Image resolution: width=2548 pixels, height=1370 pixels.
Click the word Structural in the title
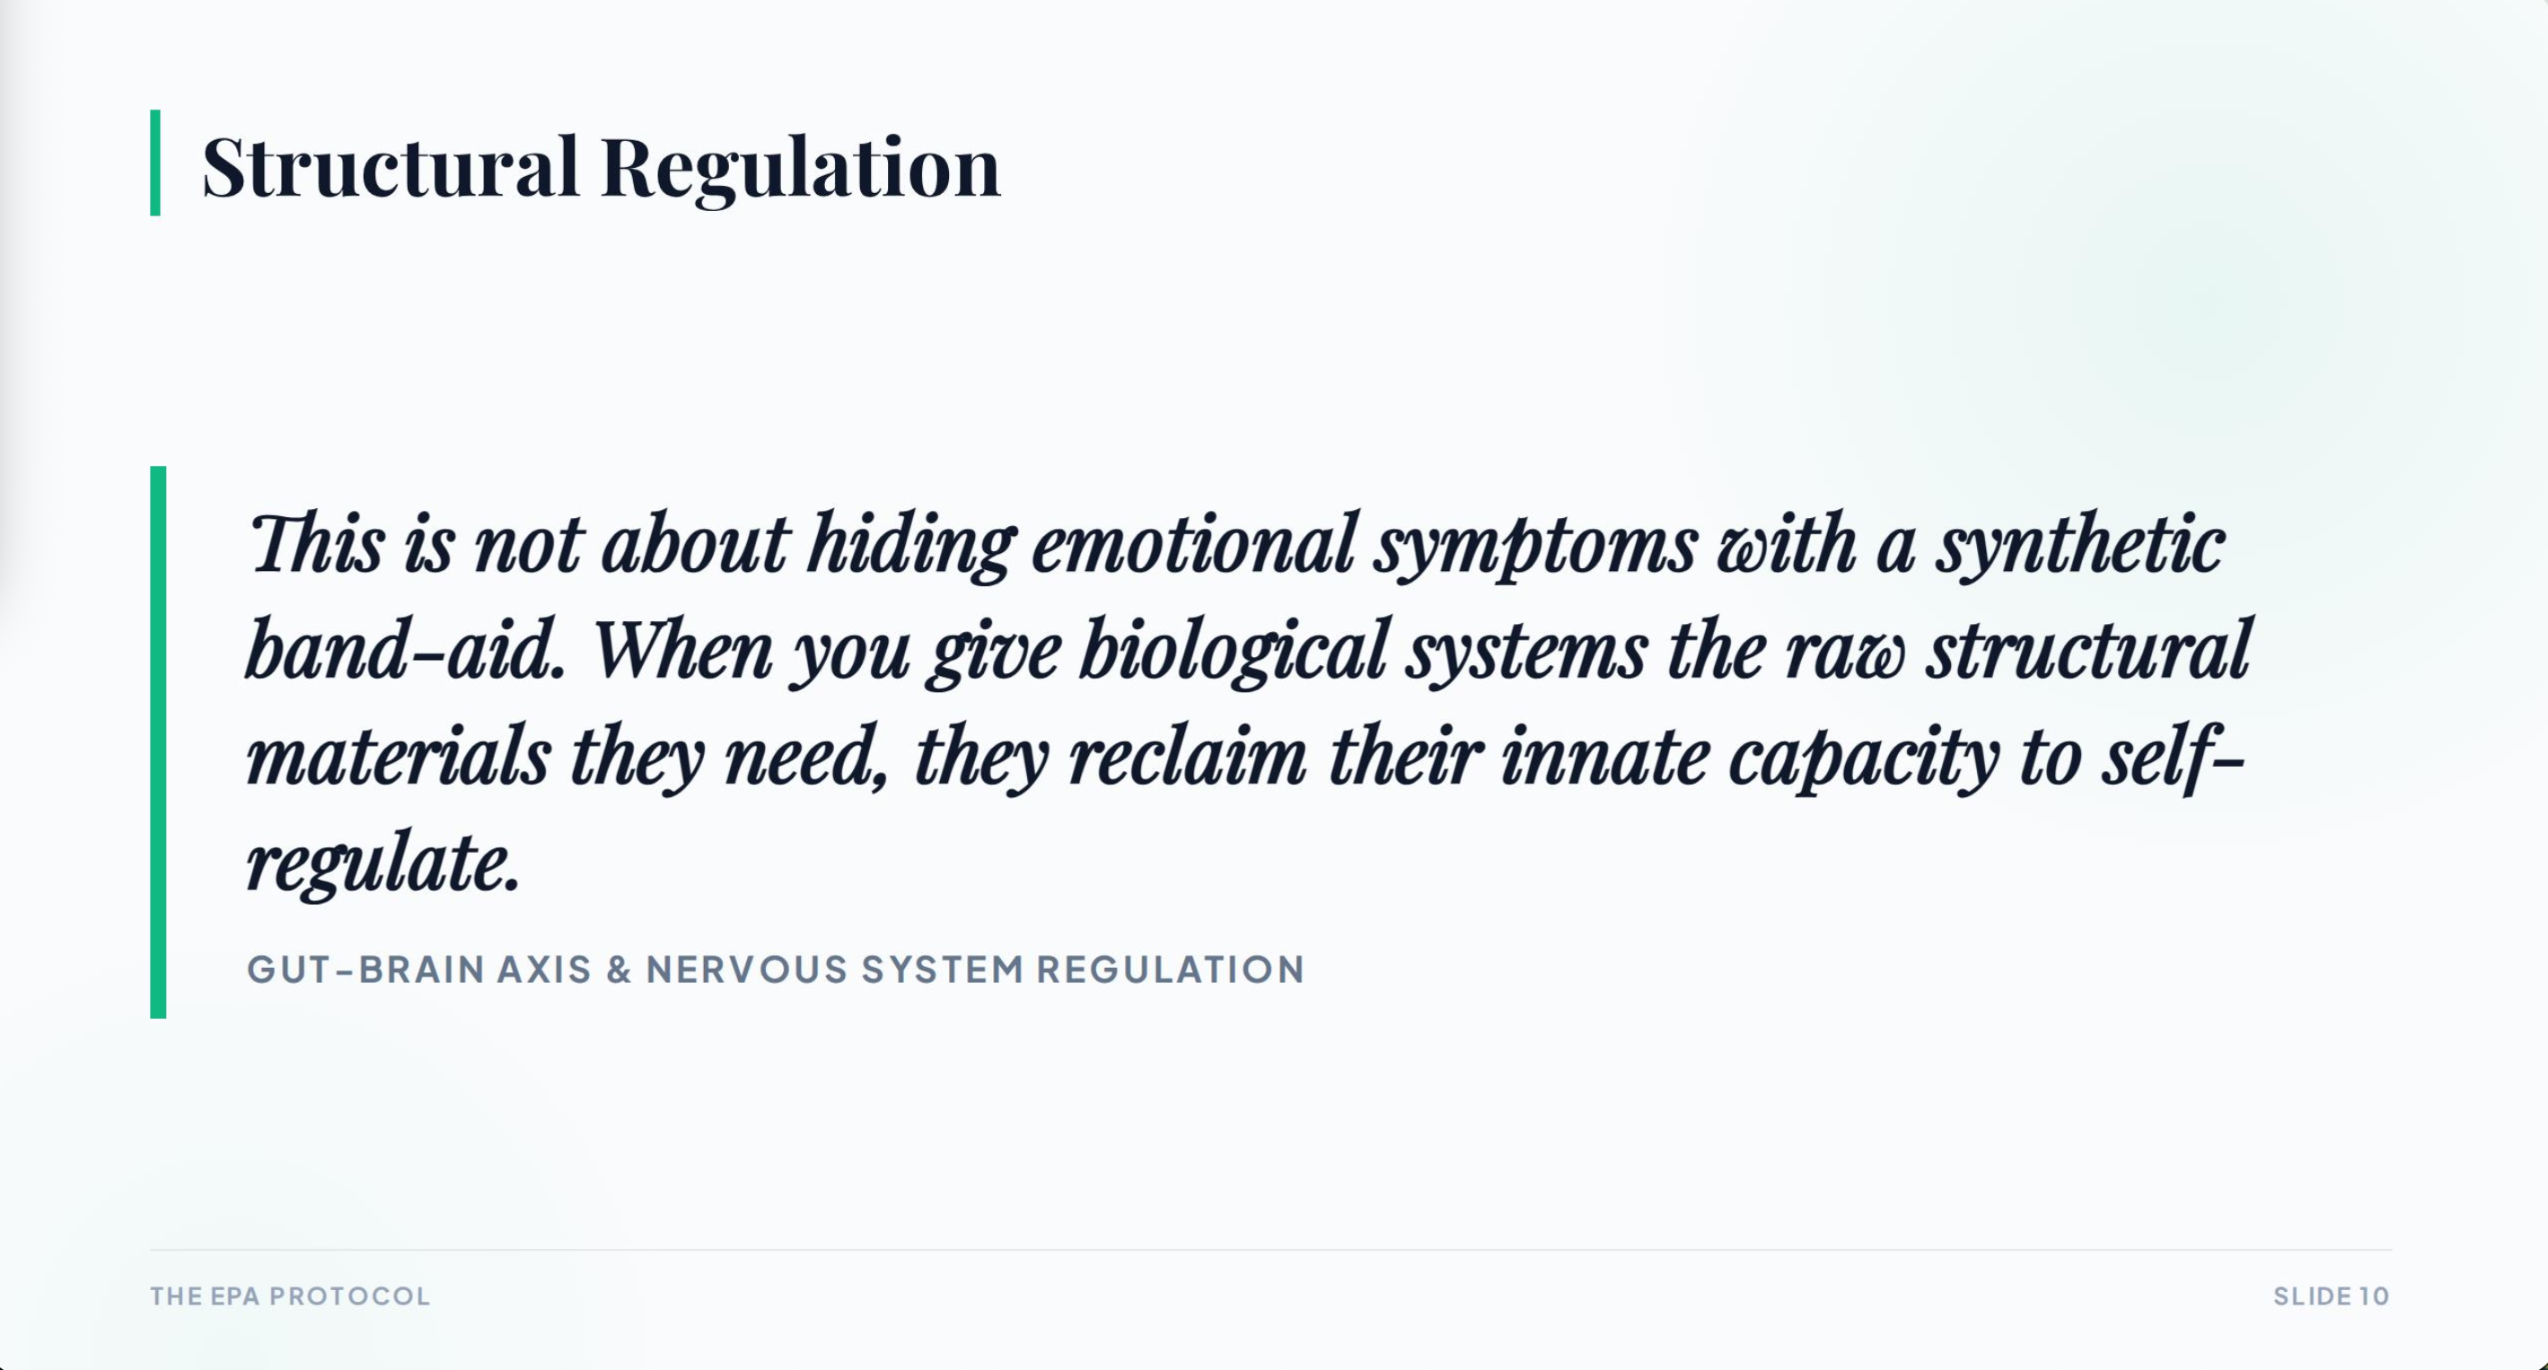click(x=391, y=165)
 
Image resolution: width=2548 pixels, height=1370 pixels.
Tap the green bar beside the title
click(x=155, y=162)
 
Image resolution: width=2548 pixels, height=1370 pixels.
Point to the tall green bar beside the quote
click(x=158, y=742)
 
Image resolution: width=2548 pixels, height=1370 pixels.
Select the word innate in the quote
click(x=1605, y=757)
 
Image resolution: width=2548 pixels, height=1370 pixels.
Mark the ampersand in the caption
click(x=619, y=970)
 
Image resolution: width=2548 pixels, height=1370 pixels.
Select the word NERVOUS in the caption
click(x=747, y=970)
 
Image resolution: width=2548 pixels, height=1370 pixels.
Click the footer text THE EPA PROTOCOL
click(x=291, y=1295)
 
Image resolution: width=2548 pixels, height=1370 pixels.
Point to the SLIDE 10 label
click(x=2332, y=1295)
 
